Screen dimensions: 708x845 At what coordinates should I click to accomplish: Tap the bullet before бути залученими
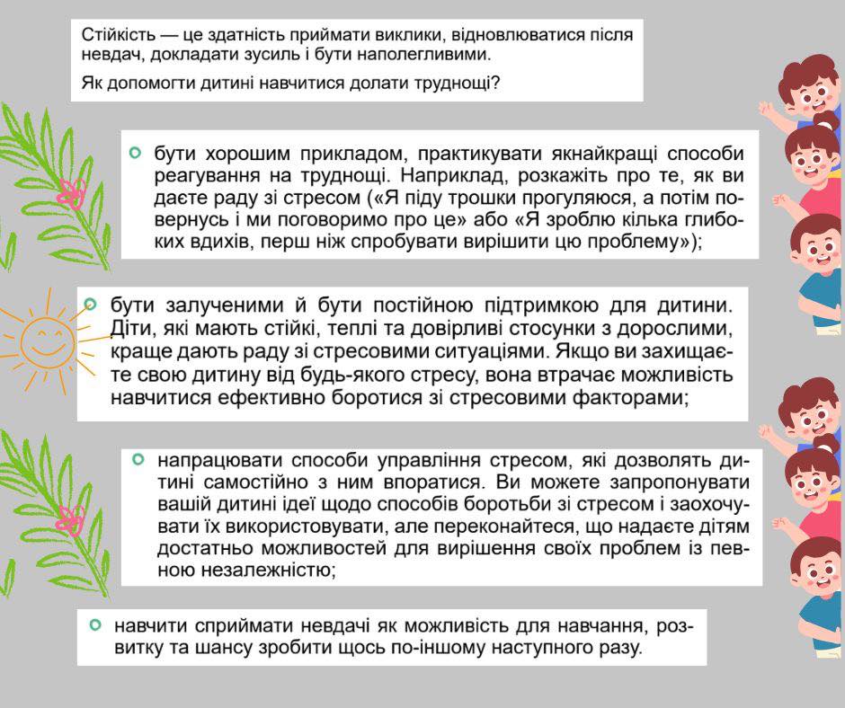[x=90, y=305]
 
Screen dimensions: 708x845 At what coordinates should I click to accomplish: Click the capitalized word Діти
[x=129, y=327]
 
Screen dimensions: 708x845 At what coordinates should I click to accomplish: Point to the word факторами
[x=624, y=397]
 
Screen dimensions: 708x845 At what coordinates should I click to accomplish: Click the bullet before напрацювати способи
[x=138, y=459]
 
